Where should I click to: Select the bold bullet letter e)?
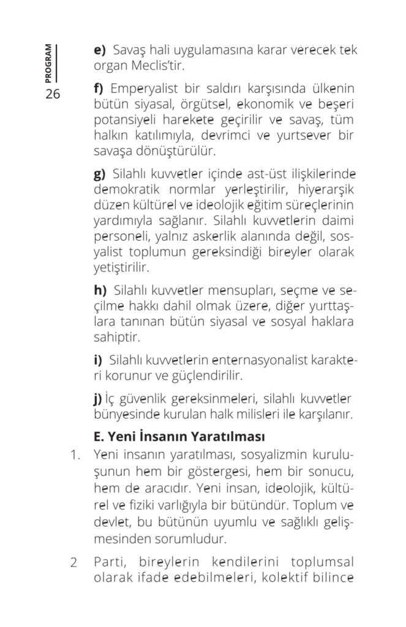coord(99,50)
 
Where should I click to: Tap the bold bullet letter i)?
coord(97,360)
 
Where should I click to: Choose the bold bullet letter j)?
coord(97,399)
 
